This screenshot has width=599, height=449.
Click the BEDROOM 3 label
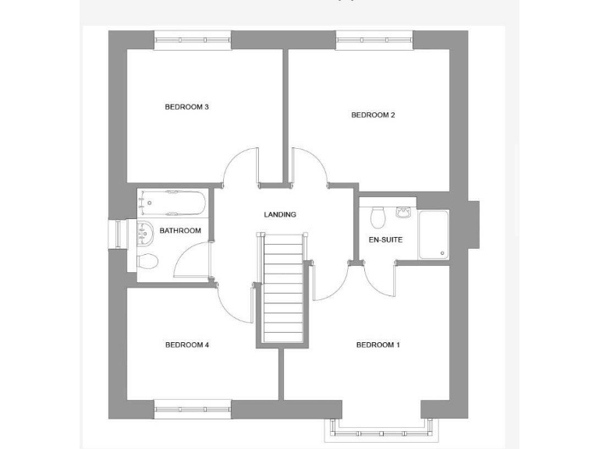click(186, 107)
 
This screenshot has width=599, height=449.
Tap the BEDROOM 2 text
click(373, 115)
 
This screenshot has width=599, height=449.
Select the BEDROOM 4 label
click(187, 345)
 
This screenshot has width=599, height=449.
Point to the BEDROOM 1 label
click(377, 345)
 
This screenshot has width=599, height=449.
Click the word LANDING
click(280, 214)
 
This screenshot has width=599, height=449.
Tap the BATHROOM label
click(180, 231)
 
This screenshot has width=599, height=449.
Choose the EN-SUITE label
click(385, 239)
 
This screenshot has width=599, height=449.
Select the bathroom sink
click(144, 230)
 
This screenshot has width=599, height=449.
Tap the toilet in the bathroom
click(147, 260)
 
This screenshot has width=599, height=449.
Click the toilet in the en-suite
click(378, 216)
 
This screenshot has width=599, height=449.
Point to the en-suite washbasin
click(403, 211)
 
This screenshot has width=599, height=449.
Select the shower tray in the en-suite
click(433, 234)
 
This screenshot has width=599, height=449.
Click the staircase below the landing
click(282, 288)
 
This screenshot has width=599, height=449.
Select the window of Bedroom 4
click(193, 409)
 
